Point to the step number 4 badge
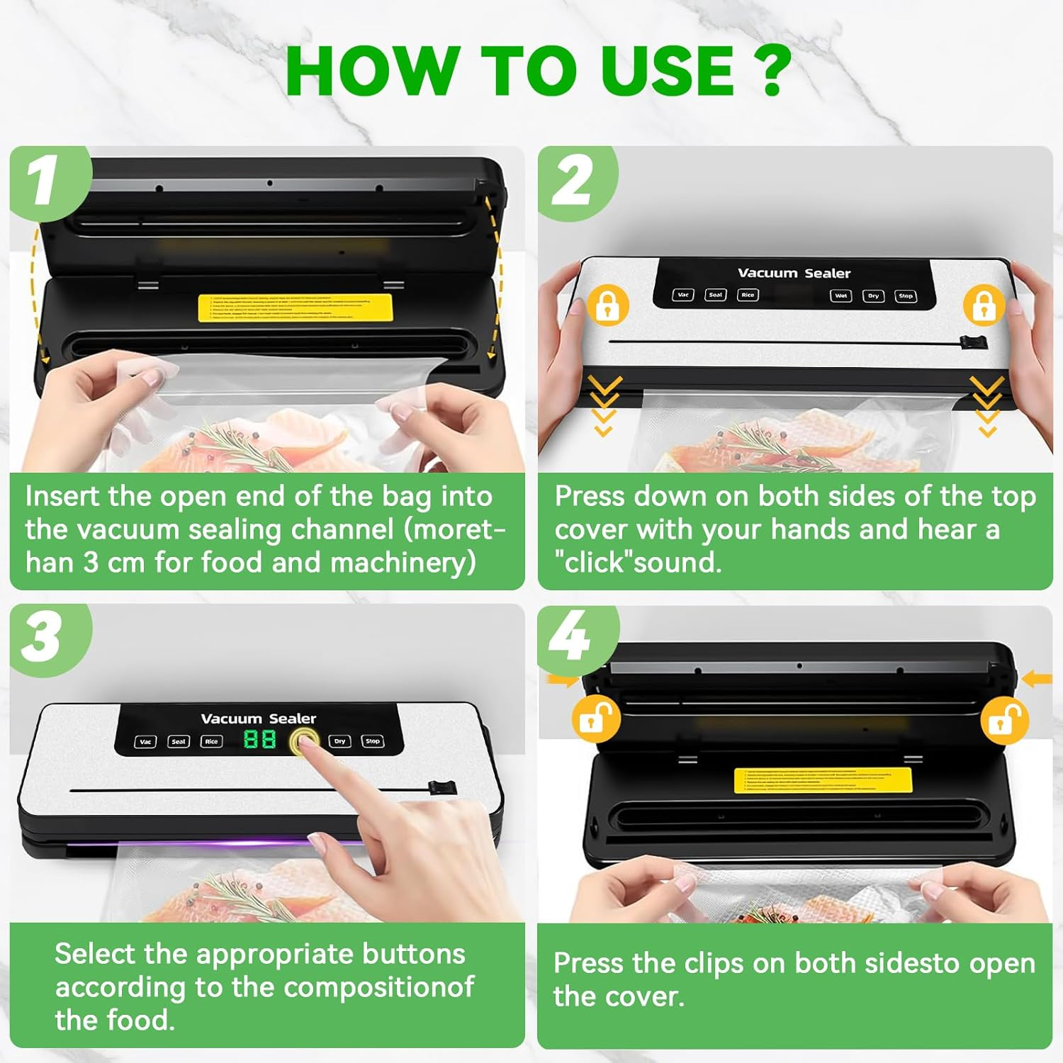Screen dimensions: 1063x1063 [571, 636]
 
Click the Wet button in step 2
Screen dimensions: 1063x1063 [840, 296]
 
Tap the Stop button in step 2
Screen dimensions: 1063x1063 [905, 296]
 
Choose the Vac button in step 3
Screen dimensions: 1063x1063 [145, 742]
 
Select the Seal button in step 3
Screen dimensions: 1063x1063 [179, 742]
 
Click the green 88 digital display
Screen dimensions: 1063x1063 [259, 740]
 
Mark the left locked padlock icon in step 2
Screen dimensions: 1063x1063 [607, 305]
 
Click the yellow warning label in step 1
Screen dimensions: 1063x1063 [295, 308]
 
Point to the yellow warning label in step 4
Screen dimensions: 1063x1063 [823, 780]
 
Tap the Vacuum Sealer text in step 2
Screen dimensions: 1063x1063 [794, 273]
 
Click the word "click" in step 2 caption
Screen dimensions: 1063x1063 [593, 562]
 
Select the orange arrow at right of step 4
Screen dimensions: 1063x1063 [1037, 679]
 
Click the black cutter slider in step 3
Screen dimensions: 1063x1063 [441, 789]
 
